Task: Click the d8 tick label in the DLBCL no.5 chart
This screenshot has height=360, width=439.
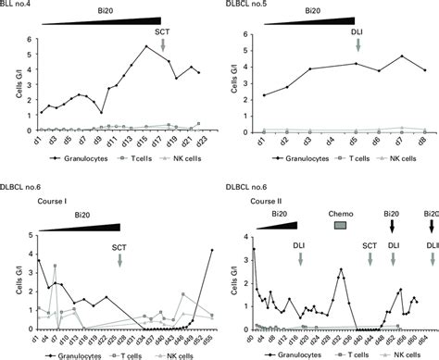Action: [x=423, y=142]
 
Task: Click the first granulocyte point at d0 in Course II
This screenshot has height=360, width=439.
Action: [x=254, y=248]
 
